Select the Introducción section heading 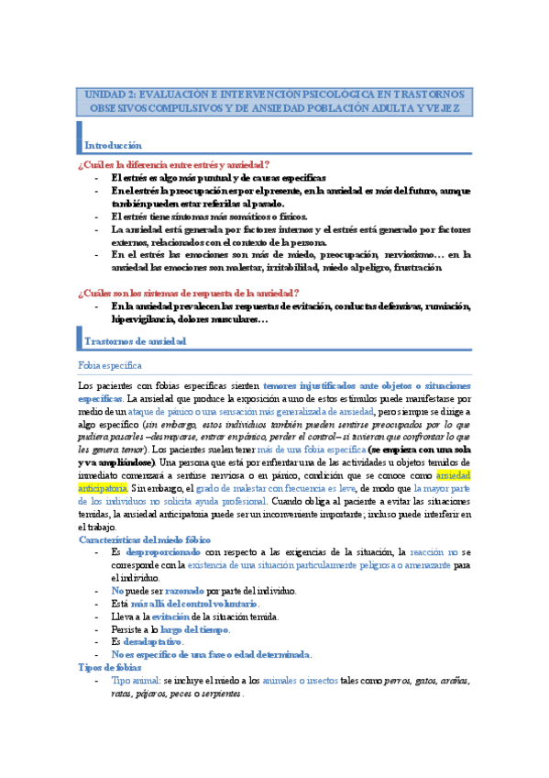tap(113, 145)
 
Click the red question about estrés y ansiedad tap(174, 163)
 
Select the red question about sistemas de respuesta tap(189, 292)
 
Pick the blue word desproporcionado tap(164, 552)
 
